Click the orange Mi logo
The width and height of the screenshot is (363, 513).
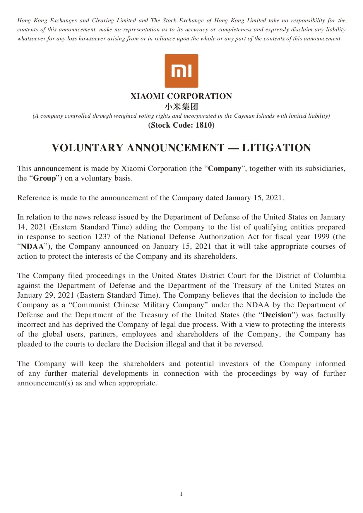pos(181,71)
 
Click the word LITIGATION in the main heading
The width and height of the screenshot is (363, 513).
pos(276,148)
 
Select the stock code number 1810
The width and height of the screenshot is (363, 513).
pos(203,125)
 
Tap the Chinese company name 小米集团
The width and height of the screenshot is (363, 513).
pos(181,106)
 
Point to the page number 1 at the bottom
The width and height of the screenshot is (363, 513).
pos(181,494)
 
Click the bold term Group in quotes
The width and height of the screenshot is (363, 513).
pos(44,178)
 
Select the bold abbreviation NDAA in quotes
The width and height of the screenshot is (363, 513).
pos(32,246)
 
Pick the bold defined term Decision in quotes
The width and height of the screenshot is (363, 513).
pos(277,315)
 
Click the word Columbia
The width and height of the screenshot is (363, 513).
pos(329,276)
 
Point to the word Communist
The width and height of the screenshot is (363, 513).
pos(91,305)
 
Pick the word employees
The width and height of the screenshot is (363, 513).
pos(139,334)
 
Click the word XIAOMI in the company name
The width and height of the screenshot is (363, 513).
pos(147,96)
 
